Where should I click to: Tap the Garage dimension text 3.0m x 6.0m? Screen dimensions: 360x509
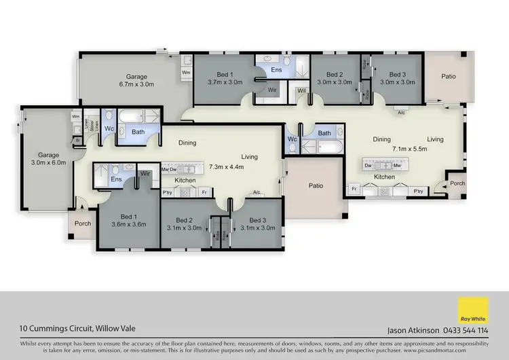click(x=47, y=162)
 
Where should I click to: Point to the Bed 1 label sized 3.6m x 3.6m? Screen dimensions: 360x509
click(x=128, y=224)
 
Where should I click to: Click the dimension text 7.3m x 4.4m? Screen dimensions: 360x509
click(x=226, y=166)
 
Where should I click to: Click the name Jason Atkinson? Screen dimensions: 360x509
click(x=411, y=331)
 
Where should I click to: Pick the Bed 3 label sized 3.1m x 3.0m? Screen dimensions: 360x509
click(x=257, y=228)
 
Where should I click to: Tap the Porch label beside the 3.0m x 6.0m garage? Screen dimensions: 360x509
click(x=83, y=223)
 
